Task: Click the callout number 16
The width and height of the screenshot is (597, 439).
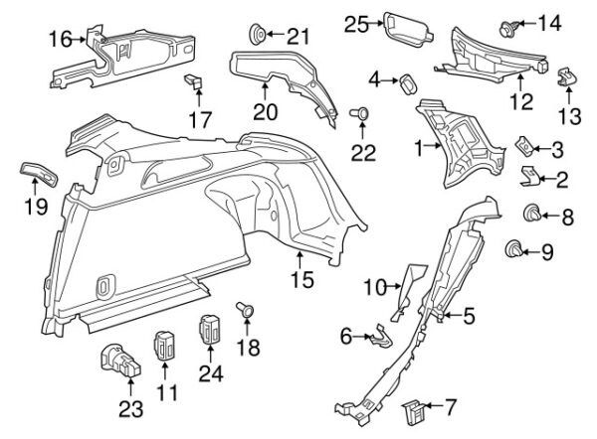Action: click(61, 39)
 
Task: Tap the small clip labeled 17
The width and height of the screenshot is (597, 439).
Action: click(194, 81)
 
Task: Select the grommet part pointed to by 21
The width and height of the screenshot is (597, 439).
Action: click(258, 35)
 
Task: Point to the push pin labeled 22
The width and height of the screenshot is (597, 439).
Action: click(360, 113)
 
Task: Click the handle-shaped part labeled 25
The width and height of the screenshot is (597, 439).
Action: click(407, 31)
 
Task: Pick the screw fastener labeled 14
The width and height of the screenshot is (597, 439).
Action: click(508, 29)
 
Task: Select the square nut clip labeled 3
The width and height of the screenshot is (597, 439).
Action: click(523, 146)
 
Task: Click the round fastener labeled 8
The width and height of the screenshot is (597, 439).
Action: click(532, 214)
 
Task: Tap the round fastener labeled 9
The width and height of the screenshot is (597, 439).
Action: click(513, 249)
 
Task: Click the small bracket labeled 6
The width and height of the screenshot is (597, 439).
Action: click(381, 337)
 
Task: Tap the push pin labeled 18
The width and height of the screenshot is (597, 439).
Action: click(245, 309)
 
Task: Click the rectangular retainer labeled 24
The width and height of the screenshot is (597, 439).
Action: click(209, 329)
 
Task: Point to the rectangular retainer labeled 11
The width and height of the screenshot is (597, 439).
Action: click(164, 345)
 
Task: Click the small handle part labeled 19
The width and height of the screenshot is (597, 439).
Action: click(39, 173)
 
